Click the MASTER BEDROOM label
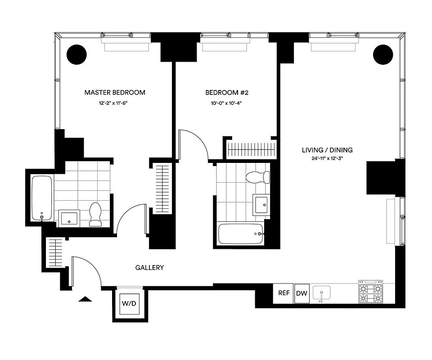click(115, 93)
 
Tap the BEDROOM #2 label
click(227, 93)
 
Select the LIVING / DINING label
click(327, 150)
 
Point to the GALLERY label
click(149, 268)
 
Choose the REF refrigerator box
click(283, 293)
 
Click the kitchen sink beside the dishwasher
click(321, 293)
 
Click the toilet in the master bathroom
click(96, 215)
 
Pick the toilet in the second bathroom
click(258, 177)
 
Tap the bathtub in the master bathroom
click(42, 198)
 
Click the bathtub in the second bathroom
click(240, 234)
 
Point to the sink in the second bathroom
click(261, 204)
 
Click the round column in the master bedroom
click(76, 55)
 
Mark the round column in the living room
click(383, 55)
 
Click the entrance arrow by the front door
click(85, 299)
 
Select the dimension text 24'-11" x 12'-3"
click(327, 158)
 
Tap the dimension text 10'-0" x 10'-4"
click(227, 103)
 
